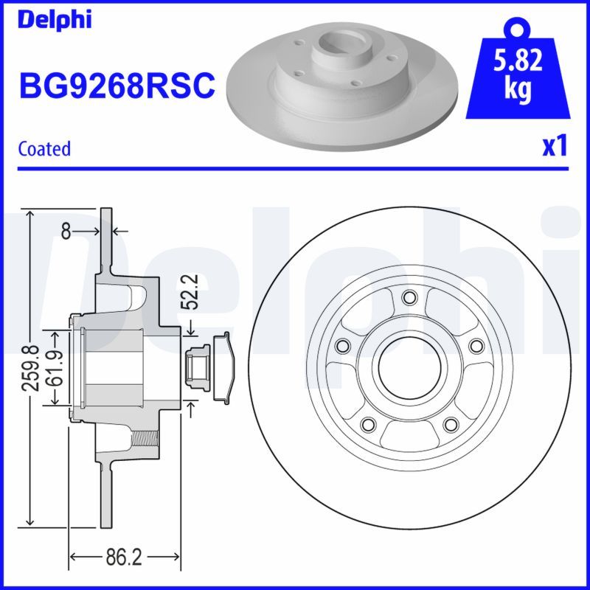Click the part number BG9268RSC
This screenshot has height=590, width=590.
tap(117, 86)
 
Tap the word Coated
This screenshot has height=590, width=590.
tap(44, 148)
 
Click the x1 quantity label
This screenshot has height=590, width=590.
tap(554, 147)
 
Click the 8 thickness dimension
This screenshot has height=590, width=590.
tap(66, 232)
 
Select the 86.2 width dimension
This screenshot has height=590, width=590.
tap(124, 557)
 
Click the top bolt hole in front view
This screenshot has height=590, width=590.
tap(409, 297)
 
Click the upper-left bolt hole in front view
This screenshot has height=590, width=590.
tap(341, 346)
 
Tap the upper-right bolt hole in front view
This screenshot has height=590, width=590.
tap(476, 346)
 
